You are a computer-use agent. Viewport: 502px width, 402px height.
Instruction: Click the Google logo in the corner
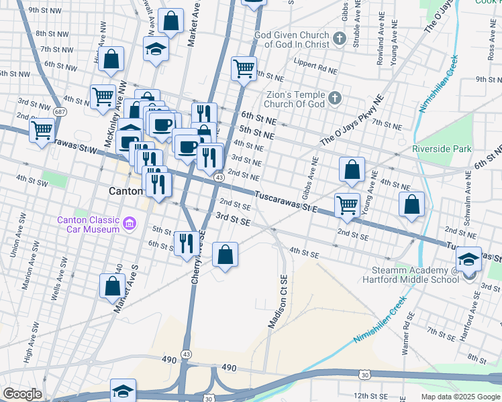pos(22,394)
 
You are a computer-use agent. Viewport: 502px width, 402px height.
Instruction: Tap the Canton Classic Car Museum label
pos(88,224)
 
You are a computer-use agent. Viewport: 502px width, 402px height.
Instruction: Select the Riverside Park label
pos(442,149)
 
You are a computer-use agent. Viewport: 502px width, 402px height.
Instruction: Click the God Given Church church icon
pos(340,38)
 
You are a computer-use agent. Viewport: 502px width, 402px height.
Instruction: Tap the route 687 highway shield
pos(42,111)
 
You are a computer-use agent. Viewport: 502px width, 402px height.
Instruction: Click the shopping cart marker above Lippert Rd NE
pos(244,68)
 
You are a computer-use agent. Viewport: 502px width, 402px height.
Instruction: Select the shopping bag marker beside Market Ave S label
pos(112,285)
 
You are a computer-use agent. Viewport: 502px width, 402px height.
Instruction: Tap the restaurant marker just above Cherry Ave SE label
pos(185,243)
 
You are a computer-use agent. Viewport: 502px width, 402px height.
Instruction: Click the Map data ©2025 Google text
pos(460,397)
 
